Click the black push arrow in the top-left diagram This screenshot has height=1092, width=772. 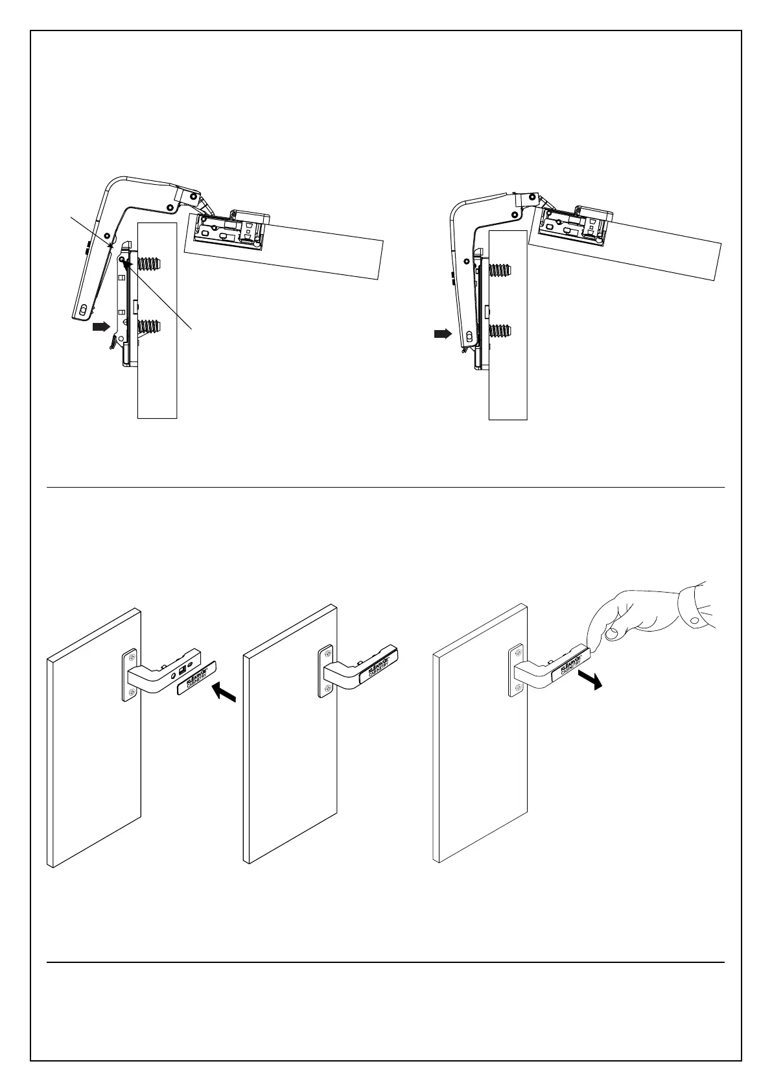[x=101, y=327]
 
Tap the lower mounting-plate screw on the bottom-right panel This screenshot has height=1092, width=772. [x=517, y=687]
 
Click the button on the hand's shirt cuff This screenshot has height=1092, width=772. [x=694, y=621]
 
